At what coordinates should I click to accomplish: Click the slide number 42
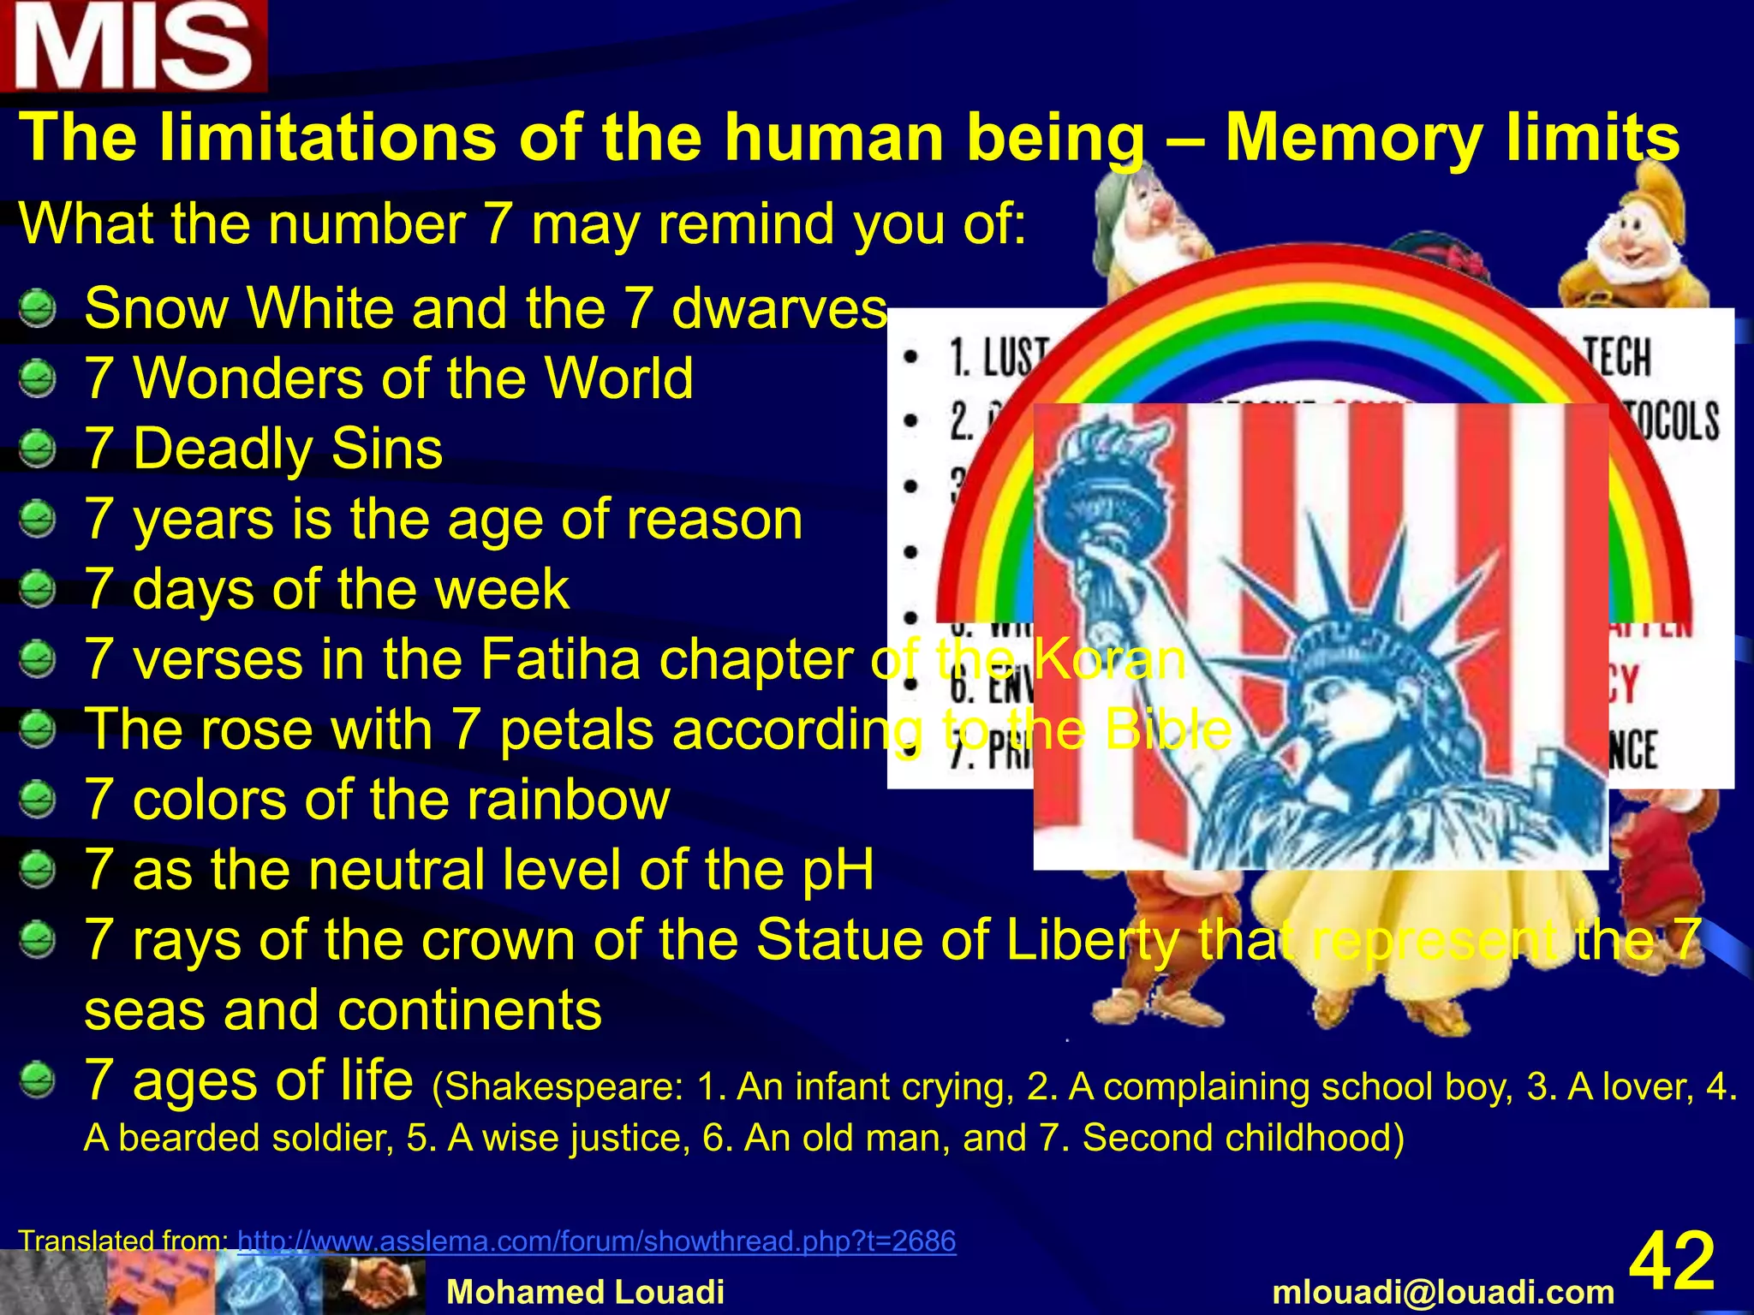[1671, 1260]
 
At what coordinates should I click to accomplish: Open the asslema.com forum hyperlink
[596, 1241]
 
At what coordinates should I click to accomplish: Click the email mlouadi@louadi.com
[1443, 1292]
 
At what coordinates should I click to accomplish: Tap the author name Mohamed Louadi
[586, 1292]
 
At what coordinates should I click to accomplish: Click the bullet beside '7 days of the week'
[37, 589]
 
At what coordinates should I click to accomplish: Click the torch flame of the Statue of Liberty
[1105, 445]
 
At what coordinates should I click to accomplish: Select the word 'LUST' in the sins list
[1016, 357]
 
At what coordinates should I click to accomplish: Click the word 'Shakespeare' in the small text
[563, 1086]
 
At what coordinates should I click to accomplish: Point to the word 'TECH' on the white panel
[1617, 357]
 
